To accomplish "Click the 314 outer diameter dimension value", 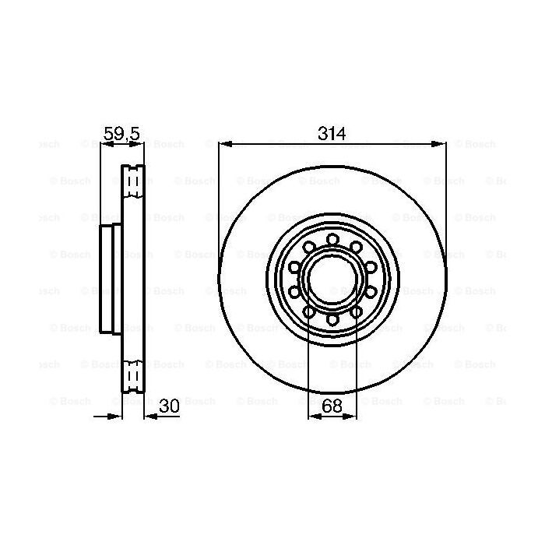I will (332, 133).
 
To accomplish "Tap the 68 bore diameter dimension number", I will (332, 405).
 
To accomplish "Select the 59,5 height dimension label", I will (121, 134).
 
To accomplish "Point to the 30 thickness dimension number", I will (169, 405).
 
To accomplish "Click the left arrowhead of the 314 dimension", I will (224, 143).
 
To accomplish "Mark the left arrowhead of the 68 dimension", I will (314, 416).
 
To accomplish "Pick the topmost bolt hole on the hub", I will (332, 239).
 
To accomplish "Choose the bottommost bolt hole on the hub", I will (332, 319).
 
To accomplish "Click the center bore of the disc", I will (332, 279).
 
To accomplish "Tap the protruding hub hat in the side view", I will (108, 279).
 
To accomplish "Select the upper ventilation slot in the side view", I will (134, 182).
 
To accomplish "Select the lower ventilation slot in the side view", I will (134, 375).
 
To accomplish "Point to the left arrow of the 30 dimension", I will (117, 416).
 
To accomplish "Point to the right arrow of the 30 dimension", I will (151, 416).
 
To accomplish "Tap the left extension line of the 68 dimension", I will (309, 366).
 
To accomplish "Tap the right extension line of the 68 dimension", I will (357, 366).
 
